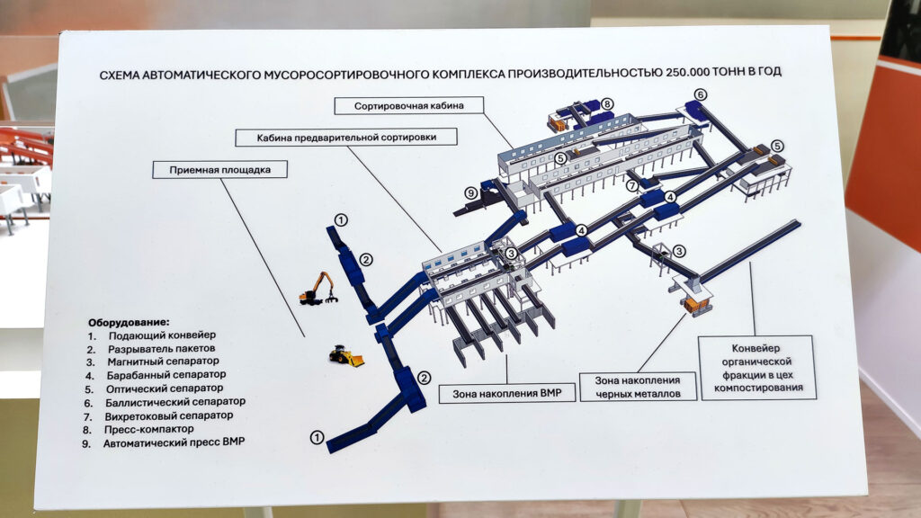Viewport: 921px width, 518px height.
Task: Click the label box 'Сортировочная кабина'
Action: pyautogui.click(x=408, y=106)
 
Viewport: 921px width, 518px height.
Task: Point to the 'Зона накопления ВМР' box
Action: pyautogui.click(x=506, y=394)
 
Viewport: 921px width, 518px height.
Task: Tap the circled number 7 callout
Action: pyautogui.click(x=632, y=187)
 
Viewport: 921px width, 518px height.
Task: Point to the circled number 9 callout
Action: pyautogui.click(x=469, y=193)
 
